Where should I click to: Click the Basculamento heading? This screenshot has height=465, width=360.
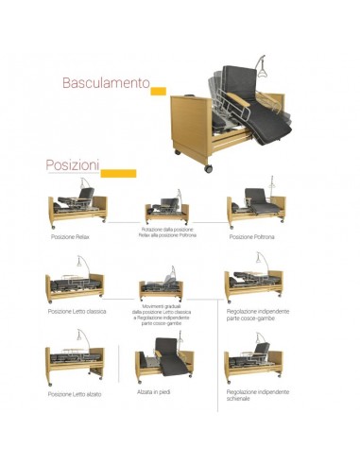(x=106, y=84)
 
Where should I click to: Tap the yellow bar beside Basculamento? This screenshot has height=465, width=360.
(x=160, y=90)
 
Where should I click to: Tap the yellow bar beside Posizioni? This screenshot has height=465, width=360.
(x=117, y=171)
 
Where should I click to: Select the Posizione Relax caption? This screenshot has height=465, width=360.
(x=73, y=237)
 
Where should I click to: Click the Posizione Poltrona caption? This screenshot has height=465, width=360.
(x=249, y=237)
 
